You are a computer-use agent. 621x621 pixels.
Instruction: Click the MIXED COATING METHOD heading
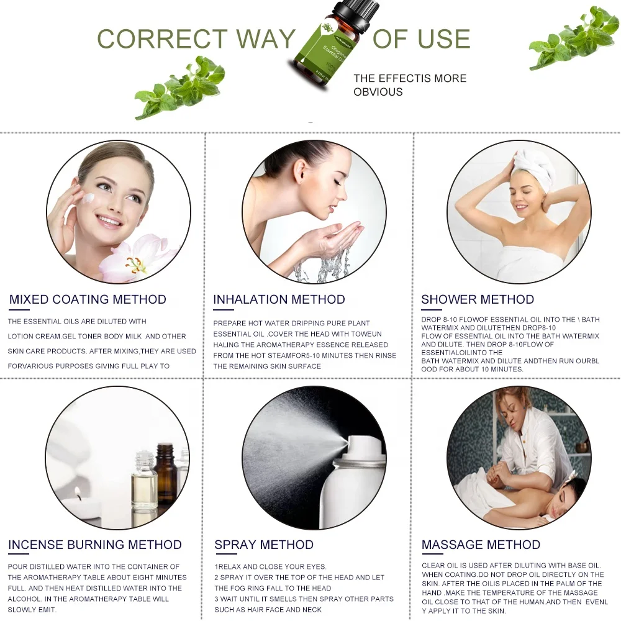(88, 300)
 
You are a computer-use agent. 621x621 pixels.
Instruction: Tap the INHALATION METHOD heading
(279, 300)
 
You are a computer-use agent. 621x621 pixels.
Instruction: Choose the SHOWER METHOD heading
(478, 300)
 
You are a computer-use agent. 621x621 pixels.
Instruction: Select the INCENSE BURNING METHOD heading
(95, 545)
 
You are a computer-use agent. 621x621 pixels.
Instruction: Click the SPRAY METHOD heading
(264, 545)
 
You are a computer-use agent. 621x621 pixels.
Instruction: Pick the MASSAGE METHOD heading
(481, 545)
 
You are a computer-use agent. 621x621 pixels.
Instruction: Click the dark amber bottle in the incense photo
(166, 475)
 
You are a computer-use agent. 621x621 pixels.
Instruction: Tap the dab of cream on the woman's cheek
(91, 198)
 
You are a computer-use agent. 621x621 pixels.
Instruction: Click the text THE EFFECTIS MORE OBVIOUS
(409, 85)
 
